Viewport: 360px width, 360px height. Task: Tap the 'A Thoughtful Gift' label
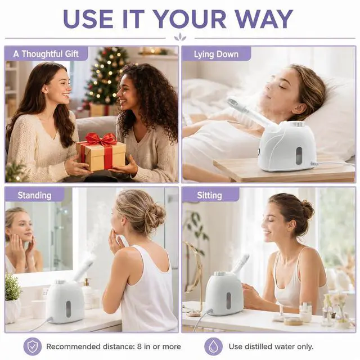[x=46, y=54]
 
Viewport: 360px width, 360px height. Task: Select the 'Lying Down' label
[x=216, y=55]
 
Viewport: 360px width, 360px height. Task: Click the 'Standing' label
[x=34, y=195]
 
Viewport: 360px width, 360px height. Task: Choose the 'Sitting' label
[x=209, y=195]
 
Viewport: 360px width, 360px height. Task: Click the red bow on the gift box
[x=101, y=139]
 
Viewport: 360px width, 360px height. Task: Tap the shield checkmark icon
[x=33, y=346]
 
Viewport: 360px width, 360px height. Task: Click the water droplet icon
[x=214, y=346]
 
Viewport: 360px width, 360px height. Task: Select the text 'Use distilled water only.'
[x=271, y=346]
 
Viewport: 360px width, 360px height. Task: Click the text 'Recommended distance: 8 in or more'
[x=114, y=346]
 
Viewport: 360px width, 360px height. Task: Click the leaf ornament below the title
[x=180, y=37]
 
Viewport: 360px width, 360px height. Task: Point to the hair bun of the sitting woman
[x=308, y=208]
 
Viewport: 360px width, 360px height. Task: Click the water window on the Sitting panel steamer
[x=229, y=301]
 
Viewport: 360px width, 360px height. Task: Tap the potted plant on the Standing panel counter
[x=12, y=299]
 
